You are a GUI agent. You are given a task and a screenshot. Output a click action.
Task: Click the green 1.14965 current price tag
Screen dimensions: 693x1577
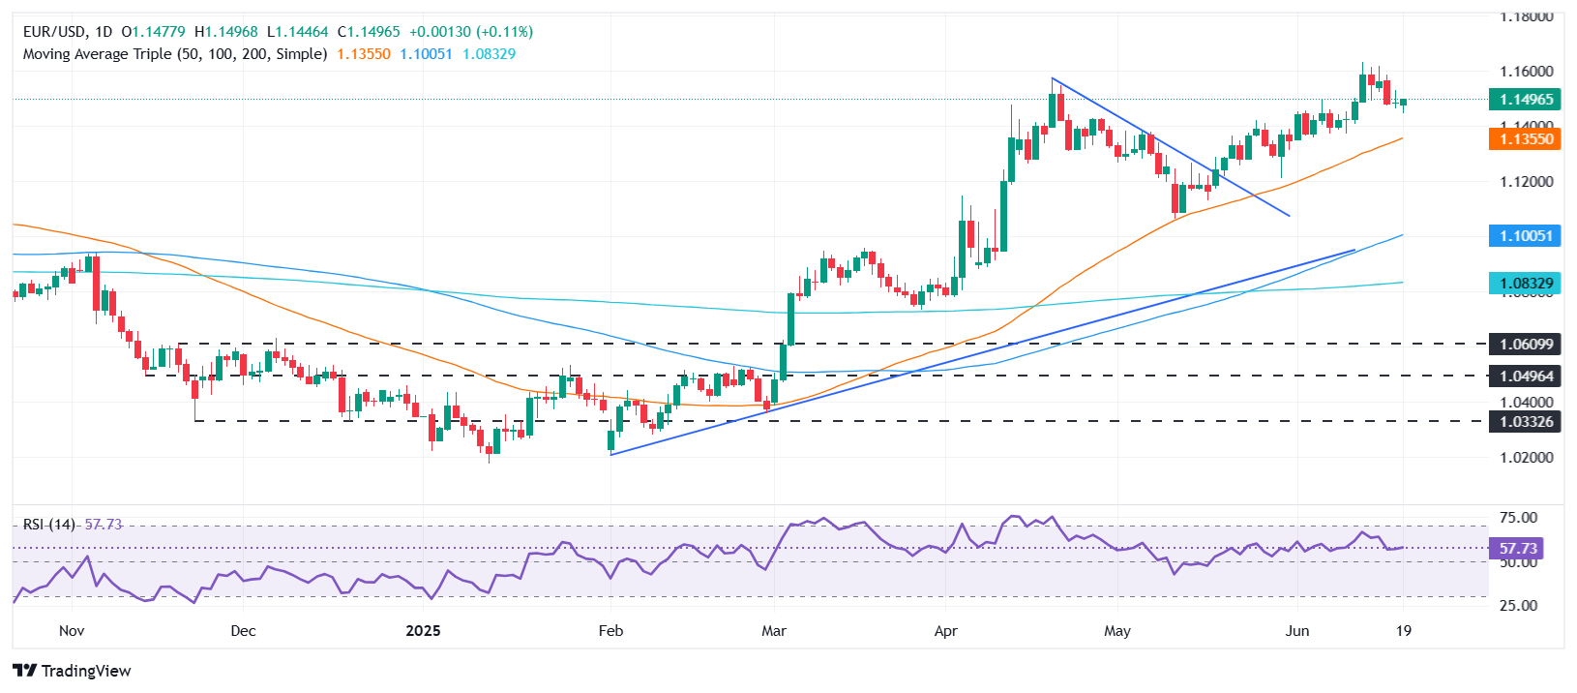click(x=1526, y=100)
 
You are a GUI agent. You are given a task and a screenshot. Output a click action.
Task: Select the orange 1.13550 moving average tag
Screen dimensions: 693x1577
click(x=1526, y=139)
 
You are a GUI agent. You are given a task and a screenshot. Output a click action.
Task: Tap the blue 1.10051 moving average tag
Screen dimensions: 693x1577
click(x=1526, y=235)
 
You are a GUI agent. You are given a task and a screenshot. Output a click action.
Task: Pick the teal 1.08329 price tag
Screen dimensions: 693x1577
click(x=1526, y=284)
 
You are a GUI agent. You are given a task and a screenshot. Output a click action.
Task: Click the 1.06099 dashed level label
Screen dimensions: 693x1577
click(x=1526, y=344)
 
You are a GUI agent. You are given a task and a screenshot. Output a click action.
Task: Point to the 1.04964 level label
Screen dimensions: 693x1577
click(x=1526, y=376)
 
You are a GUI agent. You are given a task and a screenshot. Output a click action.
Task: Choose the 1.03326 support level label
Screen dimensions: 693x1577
click(x=1526, y=421)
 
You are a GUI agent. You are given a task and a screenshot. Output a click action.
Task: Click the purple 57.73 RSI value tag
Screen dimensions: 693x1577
click(x=1518, y=549)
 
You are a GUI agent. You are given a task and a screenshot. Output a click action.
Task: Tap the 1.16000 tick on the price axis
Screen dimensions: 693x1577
click(x=1526, y=72)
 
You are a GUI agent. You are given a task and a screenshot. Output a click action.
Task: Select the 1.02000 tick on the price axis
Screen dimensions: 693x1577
click(x=1526, y=457)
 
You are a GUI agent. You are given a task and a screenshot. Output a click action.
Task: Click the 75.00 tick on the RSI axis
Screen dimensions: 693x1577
click(x=1518, y=518)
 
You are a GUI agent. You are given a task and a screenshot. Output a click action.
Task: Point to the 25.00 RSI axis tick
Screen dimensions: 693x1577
click(x=1518, y=606)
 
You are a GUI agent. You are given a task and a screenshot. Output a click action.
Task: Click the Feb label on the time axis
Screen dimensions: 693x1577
click(x=610, y=631)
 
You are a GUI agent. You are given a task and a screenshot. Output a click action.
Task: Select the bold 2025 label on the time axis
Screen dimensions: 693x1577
click(x=423, y=631)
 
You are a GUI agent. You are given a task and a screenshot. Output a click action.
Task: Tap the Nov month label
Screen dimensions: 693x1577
click(x=72, y=631)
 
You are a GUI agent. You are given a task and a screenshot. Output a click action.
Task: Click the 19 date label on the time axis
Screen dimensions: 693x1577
click(x=1404, y=631)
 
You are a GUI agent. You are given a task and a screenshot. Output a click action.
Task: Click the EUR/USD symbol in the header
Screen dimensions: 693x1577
click(x=54, y=32)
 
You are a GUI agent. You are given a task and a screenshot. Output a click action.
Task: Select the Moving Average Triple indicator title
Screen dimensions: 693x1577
click(x=174, y=54)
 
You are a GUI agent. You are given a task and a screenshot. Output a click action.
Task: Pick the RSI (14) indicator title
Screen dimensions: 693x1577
click(x=49, y=525)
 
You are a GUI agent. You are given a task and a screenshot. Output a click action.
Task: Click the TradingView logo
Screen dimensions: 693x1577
click(x=73, y=671)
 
